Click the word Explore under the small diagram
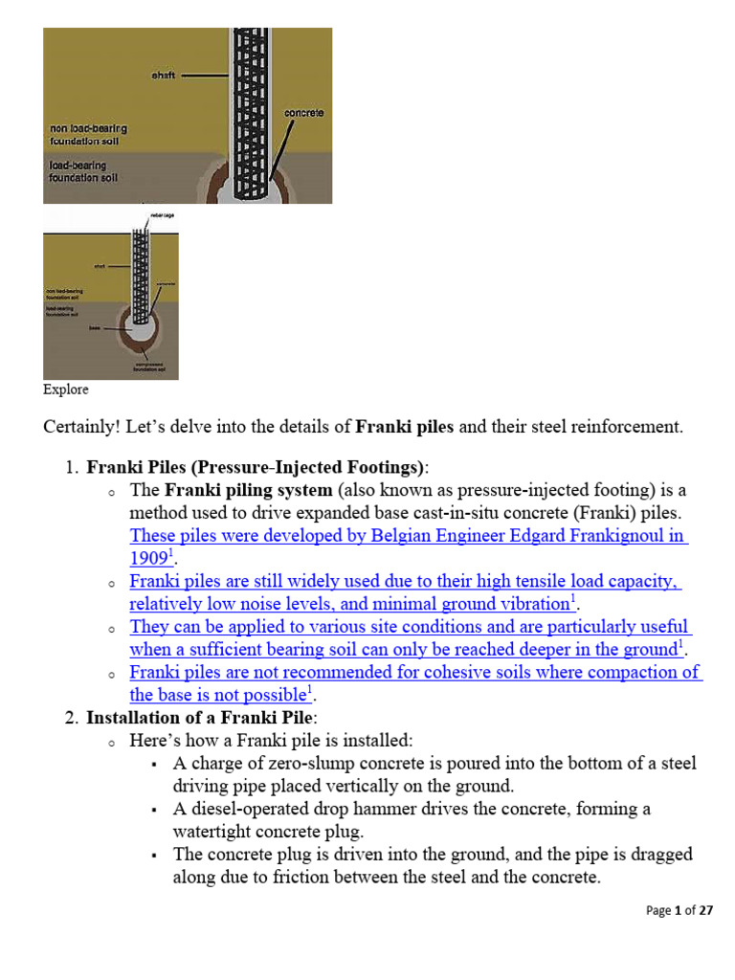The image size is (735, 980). tap(65, 390)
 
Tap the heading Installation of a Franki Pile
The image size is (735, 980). tap(203, 718)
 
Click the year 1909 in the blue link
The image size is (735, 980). tap(147, 559)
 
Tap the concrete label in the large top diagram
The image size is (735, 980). tap(303, 113)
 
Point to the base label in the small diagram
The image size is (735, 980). tap(95, 326)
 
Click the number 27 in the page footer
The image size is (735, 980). tap(705, 910)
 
